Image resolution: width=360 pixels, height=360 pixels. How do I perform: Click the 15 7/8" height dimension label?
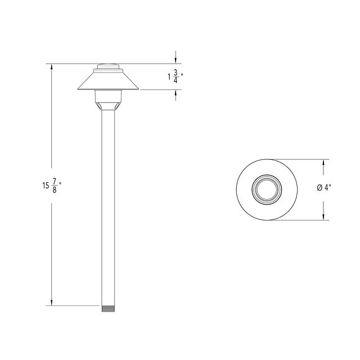coord(52,186)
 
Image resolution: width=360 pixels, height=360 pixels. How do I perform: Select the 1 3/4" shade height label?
coord(175,76)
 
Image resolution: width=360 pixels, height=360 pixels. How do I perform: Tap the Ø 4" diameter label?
coord(324,188)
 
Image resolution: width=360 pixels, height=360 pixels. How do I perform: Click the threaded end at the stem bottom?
coord(108,308)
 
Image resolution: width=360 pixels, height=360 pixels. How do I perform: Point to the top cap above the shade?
coord(108,66)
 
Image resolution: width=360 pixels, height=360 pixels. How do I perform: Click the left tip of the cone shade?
coord(78,89)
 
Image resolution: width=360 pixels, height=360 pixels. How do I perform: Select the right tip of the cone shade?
coord(138,89)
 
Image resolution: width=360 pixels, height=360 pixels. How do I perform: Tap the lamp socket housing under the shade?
coord(108,100)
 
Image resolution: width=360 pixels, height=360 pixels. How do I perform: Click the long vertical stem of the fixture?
coord(108,208)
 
